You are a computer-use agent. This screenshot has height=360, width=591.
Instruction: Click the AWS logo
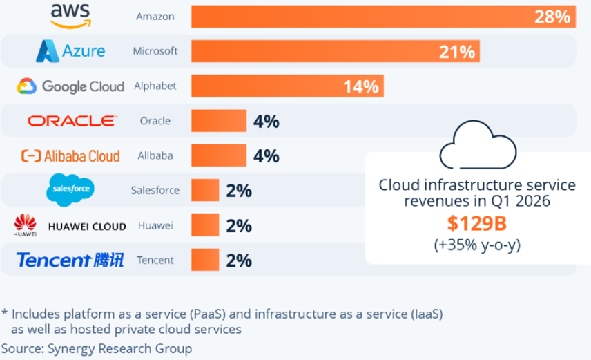coord(70,16)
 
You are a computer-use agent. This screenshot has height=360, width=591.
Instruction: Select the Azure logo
coord(70,51)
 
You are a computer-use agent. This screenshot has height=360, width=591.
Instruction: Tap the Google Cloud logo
coord(70,86)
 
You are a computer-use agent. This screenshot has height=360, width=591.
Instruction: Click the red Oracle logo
coord(72,121)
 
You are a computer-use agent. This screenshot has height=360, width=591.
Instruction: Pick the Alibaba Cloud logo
coord(70,156)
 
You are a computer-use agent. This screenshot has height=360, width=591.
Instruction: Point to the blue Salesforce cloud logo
coord(70,190)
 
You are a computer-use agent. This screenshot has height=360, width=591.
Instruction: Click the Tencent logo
coord(70,260)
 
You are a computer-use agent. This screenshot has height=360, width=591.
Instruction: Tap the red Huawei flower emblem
coord(26,222)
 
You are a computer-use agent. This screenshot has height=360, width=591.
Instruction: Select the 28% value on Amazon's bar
coord(552,17)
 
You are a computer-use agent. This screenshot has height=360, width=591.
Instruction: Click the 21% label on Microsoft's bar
coord(457,52)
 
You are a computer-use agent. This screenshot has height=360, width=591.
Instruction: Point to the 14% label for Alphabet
coord(360,87)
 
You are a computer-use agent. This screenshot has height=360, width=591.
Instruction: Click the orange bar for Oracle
coord(219,121)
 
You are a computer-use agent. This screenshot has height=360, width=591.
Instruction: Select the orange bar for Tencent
coord(205,260)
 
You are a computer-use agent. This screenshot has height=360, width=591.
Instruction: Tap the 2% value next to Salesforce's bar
coord(239,191)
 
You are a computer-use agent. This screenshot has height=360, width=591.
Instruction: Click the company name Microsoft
coord(155,51)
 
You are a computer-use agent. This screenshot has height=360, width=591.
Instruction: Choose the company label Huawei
coord(155,226)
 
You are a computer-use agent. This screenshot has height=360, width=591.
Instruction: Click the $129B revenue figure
coord(477,223)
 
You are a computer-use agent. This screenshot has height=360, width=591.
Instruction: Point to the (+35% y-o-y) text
coord(477,245)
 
